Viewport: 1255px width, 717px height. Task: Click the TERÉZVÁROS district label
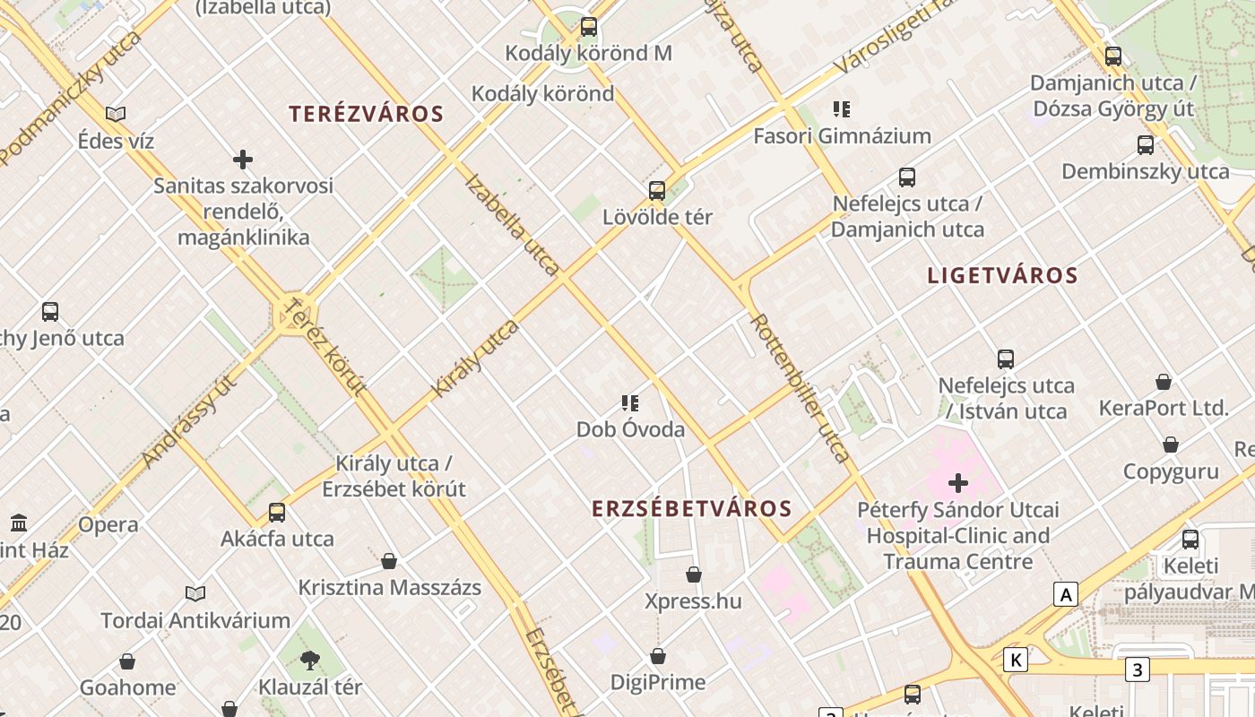[367, 114]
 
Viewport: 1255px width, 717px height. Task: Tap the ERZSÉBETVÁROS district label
[692, 509]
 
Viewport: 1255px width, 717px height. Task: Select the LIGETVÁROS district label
[1002, 275]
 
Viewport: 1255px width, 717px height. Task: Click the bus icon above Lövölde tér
[657, 190]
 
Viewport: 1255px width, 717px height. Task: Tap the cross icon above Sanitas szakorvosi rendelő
[243, 160]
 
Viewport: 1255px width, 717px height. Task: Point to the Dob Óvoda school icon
[630, 403]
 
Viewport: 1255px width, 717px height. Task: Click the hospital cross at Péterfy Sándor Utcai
[958, 484]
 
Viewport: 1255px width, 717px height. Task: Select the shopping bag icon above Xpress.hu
[694, 574]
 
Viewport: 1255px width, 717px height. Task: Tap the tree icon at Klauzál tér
[310, 661]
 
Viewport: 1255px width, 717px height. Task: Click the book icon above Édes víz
[116, 114]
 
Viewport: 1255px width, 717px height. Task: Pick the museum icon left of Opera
[19, 523]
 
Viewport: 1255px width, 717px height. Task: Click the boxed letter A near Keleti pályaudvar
[1066, 594]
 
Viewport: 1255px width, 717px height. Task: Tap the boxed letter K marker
[1016, 660]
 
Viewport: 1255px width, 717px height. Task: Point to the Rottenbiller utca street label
[800, 387]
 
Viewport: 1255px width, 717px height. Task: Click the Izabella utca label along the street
[513, 224]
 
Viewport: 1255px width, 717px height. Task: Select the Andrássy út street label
[189, 421]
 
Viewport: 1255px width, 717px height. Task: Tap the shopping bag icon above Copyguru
[1171, 445]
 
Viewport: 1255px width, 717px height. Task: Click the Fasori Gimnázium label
[842, 136]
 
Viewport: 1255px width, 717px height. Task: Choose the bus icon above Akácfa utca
[277, 513]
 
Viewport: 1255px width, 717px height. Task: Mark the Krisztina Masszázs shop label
[389, 588]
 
